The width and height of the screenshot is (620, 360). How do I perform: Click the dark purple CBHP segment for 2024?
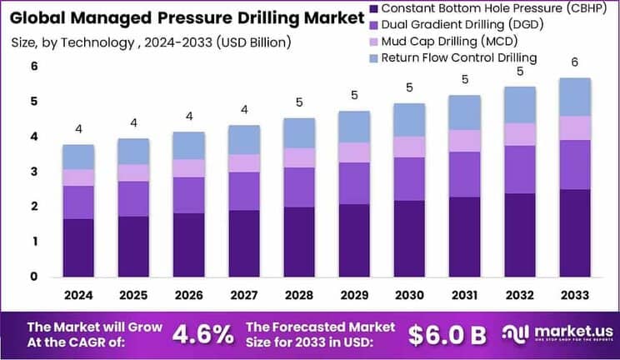(78, 247)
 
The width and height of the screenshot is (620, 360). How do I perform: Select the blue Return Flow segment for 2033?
(575, 97)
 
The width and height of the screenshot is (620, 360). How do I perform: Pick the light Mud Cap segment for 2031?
(464, 141)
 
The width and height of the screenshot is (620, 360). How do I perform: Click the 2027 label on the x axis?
(243, 295)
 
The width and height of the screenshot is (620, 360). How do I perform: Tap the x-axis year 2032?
(519, 295)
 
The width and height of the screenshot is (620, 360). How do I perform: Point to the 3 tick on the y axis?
(34, 172)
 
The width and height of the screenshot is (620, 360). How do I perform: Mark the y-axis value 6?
(34, 67)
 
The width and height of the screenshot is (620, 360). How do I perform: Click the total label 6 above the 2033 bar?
(575, 62)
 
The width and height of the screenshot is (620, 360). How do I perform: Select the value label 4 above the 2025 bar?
(133, 123)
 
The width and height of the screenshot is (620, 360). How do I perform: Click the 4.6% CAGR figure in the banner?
(202, 335)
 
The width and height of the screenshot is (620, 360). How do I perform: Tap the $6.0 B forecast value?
(447, 335)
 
